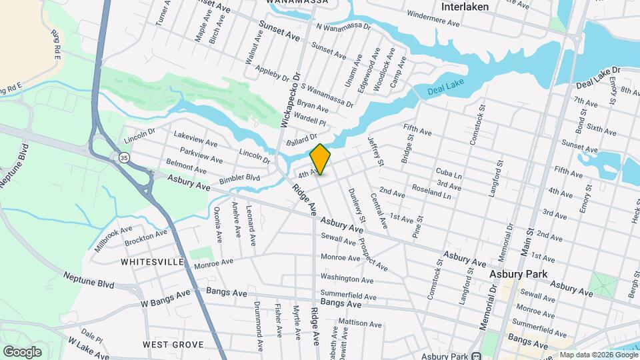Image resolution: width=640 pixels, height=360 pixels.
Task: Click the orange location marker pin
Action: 320,159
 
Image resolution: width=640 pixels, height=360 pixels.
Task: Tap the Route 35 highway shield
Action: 124,157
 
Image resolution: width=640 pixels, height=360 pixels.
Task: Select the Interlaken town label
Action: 465,7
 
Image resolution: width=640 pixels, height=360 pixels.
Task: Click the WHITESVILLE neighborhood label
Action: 152,262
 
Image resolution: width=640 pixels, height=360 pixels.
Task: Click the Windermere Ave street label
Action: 433,18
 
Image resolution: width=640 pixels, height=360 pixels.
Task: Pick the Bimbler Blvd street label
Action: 239,178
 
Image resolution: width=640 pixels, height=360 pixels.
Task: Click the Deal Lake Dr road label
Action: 598,77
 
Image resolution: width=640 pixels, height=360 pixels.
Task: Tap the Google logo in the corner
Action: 22,352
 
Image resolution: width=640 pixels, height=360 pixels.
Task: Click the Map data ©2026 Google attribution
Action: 597,355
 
